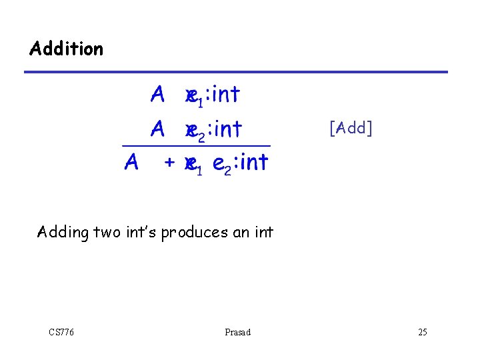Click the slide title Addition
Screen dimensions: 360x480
pos(67,49)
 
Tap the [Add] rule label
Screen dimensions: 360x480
pos(351,127)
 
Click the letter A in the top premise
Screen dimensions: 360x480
pos(158,95)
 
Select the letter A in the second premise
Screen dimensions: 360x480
pos(158,128)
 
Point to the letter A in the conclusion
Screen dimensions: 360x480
pos(132,162)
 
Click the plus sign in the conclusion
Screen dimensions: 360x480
pos(171,162)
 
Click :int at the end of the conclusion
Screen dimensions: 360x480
pos(251,162)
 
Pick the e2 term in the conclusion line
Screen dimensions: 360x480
pos(221,164)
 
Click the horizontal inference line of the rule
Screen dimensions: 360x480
pos(196,145)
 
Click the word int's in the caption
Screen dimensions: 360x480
pos(139,233)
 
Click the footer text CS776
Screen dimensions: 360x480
pos(61,332)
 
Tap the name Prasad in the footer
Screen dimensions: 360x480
pos(238,332)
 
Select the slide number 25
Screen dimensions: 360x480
pos(423,332)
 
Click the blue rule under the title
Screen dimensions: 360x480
pos(237,72)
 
